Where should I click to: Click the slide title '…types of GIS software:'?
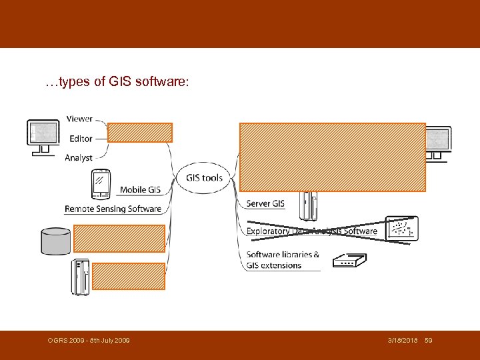click(x=117, y=83)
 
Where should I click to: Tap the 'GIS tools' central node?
click(x=204, y=178)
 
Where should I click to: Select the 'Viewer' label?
click(x=79, y=119)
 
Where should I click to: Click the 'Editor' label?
click(x=81, y=139)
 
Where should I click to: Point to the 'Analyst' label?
click(x=79, y=158)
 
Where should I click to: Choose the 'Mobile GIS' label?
click(x=140, y=190)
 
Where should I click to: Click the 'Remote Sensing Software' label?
click(x=113, y=209)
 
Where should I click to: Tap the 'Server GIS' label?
click(x=265, y=203)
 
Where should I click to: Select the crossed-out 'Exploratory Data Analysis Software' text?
click(x=311, y=231)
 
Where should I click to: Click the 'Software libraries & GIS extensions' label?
click(x=283, y=260)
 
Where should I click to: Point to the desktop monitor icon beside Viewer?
click(x=43, y=137)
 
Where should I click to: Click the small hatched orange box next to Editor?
click(x=140, y=133)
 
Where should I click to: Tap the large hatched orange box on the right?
click(x=333, y=157)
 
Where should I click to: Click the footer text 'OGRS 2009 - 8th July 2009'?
click(x=89, y=341)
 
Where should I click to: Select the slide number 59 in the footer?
click(x=429, y=341)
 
